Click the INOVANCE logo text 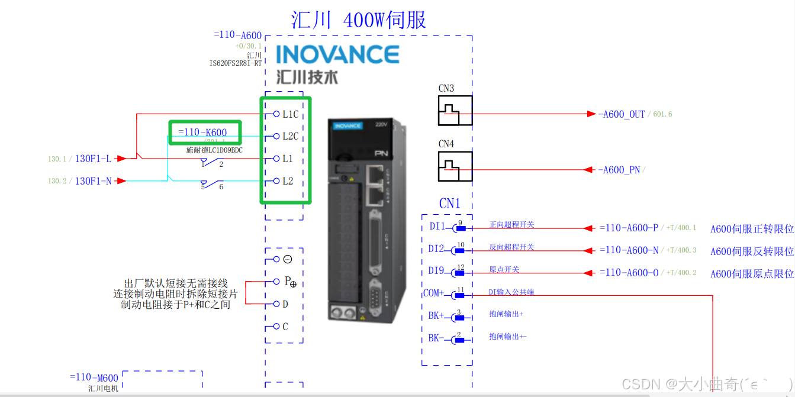tap(337, 55)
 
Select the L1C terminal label tap(290, 114)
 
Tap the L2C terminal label tap(290, 137)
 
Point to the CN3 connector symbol tap(455, 111)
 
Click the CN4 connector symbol tap(455, 166)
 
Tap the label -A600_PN tap(619, 170)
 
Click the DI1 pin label tap(437, 227)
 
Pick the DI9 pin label tap(437, 271)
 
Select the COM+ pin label tap(434, 293)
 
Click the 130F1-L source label tap(93, 159)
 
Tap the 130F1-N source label tap(93, 181)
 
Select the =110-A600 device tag tap(237, 35)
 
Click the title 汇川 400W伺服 tap(359, 20)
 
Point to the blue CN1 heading tap(449, 204)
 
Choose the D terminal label tap(285, 304)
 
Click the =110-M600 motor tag tap(94, 377)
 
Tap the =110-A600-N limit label tap(629, 250)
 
